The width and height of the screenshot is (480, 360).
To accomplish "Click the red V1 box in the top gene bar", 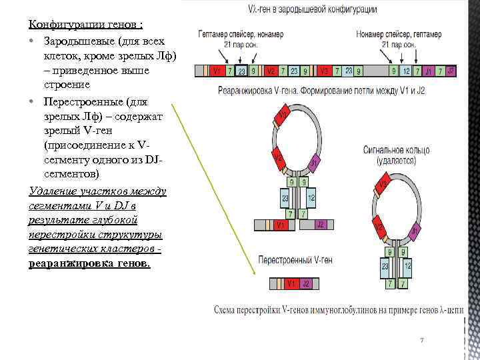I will tap(216, 71).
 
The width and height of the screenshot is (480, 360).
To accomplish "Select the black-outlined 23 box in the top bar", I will tap(241, 71).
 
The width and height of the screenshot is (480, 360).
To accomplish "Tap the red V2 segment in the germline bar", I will tap(271, 71).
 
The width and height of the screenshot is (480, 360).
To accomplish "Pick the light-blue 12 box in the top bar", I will tap(405, 71).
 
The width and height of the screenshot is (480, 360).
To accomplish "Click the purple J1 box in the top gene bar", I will tap(431, 71).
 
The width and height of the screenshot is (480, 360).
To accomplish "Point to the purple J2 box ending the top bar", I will tap(451, 70).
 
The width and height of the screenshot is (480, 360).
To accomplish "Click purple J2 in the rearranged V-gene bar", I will tap(305, 284).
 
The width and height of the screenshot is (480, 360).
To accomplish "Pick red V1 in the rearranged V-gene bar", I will tap(291, 284).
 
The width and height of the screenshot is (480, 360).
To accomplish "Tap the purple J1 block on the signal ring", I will tap(415, 231).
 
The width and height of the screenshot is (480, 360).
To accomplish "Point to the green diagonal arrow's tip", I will tap(257, 274).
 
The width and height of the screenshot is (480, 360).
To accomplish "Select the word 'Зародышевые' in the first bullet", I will tap(75, 41).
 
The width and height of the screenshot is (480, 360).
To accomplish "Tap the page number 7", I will tap(422, 340).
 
